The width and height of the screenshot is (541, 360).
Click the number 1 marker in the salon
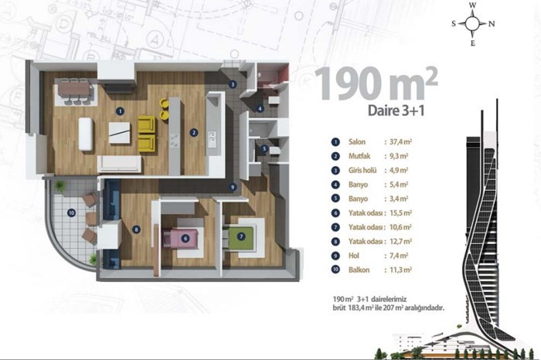120,111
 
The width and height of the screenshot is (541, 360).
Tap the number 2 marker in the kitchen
194,132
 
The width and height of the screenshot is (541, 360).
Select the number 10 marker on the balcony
71,212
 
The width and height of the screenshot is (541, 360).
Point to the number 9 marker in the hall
233,187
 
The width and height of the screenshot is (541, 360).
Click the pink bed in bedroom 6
181,238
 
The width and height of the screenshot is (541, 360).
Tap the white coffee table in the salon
120,133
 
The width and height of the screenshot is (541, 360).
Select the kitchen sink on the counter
212,138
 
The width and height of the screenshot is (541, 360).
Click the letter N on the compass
492,24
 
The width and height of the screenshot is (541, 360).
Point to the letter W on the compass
473,5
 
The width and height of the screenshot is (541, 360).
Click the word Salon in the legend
357,141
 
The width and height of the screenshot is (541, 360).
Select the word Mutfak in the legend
359,156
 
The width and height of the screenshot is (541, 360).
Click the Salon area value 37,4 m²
400,141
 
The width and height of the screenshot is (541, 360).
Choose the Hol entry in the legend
354,256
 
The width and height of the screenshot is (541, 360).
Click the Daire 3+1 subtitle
396,110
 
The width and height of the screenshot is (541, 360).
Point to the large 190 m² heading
376,83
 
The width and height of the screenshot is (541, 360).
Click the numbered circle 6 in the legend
335,212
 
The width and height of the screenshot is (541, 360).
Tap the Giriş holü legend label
362,171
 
